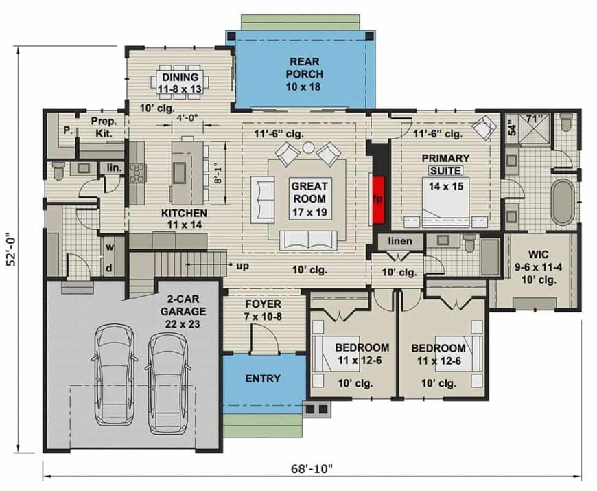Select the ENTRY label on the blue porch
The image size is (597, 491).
[x=262, y=378]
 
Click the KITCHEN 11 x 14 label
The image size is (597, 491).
[x=183, y=219]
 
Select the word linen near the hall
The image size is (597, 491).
[x=400, y=242]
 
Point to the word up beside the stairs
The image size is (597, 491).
[x=242, y=265]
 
